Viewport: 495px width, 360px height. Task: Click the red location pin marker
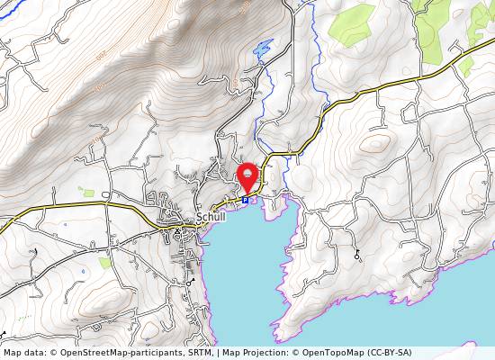click(247, 175)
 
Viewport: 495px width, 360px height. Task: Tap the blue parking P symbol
click(245, 201)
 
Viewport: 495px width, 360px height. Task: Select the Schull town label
click(210, 218)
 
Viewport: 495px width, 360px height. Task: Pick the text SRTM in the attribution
click(199, 353)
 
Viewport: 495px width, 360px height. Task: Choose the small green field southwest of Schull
click(105, 263)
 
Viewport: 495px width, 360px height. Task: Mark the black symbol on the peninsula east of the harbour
click(357, 256)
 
